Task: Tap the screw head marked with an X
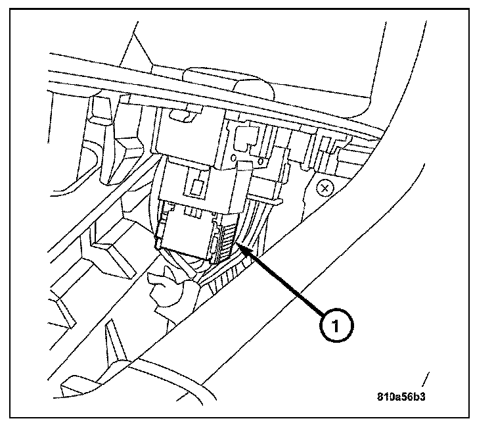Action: [x=323, y=189]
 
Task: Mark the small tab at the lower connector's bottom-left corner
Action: [x=159, y=245]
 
